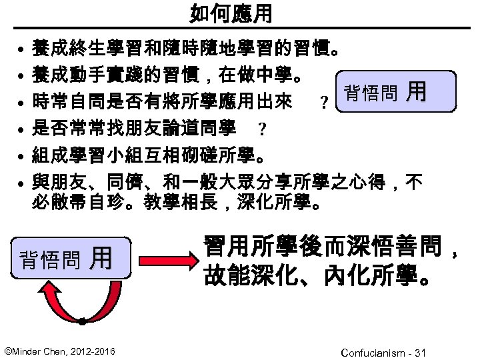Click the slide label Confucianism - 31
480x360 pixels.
point(383,351)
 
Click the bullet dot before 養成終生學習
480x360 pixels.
point(21,51)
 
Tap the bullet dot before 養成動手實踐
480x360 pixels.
point(21,77)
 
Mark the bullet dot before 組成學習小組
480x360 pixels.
point(21,156)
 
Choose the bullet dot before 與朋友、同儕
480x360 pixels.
point(21,181)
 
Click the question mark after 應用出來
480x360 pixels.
point(323,103)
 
